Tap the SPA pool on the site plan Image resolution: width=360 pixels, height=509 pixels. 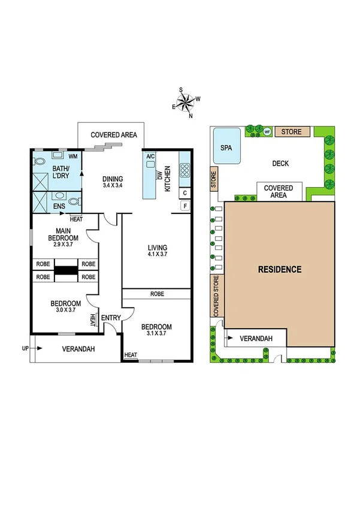[226, 147]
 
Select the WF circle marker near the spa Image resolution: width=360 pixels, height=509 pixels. [268, 131]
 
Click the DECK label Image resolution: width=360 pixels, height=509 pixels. [281, 162]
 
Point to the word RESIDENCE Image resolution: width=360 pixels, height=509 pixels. [280, 269]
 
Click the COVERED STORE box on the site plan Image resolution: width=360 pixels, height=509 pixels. [216, 296]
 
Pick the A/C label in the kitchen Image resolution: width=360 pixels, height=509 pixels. [150, 156]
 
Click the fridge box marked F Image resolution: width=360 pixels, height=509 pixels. [184, 206]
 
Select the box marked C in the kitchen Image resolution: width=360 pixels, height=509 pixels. [184, 193]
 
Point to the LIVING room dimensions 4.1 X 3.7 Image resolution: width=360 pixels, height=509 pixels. [158, 255]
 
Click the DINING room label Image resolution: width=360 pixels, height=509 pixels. [112, 179]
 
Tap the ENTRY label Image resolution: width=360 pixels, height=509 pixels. [110, 318]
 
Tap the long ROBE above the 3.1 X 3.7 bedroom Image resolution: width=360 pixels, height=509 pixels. [158, 294]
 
